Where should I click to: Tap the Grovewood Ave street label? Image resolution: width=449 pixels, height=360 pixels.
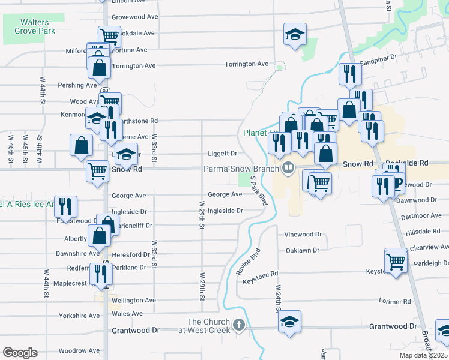coord(134,17)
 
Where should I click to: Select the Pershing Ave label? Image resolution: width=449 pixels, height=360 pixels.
coord(77,85)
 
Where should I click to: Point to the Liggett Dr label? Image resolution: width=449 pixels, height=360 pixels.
coord(223,154)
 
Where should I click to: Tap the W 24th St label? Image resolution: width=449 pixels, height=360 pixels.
coord(279,298)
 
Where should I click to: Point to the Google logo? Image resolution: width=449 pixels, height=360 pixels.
coord(19,353)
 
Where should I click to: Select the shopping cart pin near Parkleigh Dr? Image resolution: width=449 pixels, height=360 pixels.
coord(395,262)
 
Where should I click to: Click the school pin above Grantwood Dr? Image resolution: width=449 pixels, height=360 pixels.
coord(290,322)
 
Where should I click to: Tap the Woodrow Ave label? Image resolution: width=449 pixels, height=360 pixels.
coord(79,350)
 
